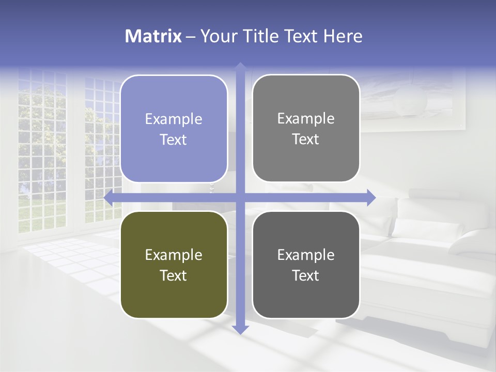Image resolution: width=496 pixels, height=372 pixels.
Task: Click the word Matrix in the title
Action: point(153,36)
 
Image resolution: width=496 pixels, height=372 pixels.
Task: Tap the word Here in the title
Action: point(343,36)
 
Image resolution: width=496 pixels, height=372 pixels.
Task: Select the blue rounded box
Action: point(174,129)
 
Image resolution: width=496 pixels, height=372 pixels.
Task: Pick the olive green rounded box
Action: point(174,265)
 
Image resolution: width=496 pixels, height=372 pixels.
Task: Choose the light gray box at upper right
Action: point(306,128)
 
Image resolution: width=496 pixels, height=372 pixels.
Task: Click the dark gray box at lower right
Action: point(306,265)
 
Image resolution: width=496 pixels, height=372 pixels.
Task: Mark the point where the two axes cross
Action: point(240,198)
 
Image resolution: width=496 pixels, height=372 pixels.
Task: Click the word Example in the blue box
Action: point(174,119)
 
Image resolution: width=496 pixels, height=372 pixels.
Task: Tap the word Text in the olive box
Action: point(174,275)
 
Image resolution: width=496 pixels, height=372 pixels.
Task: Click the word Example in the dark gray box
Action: point(306,255)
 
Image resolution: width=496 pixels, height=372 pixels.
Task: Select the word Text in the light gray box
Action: point(306,139)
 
